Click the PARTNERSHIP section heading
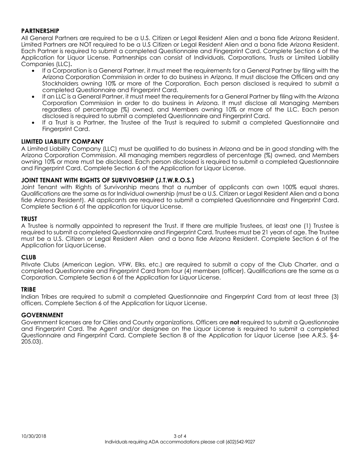coord(40,31)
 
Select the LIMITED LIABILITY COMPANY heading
coord(62,141)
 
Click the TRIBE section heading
coord(29,289)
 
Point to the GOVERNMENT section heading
coord(42,315)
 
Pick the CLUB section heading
coord(28,257)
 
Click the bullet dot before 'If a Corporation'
coord(34,71)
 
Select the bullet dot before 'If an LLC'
coord(34,97)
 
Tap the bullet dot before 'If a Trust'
coord(34,123)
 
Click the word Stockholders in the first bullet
coord(61,84)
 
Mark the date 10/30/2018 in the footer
coord(34,436)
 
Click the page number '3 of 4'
coord(180,436)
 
